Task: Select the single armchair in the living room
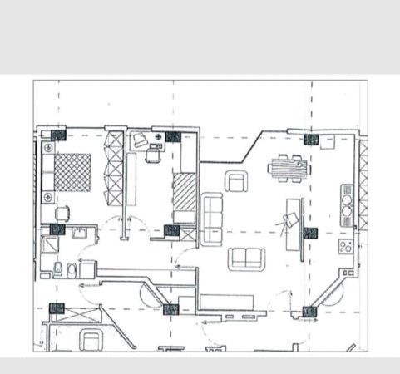coord(237,180)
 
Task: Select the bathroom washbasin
coord(78,232)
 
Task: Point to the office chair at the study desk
coord(153,155)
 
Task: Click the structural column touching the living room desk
coord(310,232)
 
